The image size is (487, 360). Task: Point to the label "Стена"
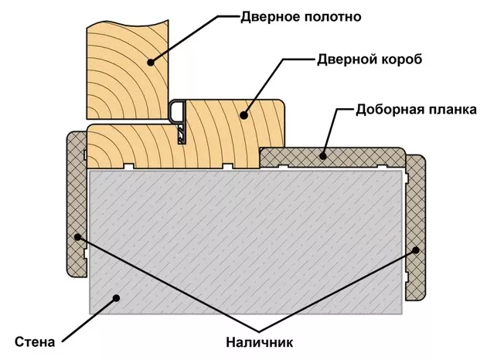pyautogui.click(x=36, y=341)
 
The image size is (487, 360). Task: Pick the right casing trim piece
pyautogui.click(x=417, y=228)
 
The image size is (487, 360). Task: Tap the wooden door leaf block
pyautogui.click(x=124, y=66)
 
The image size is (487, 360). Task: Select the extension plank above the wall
pyautogui.click(x=332, y=156)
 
